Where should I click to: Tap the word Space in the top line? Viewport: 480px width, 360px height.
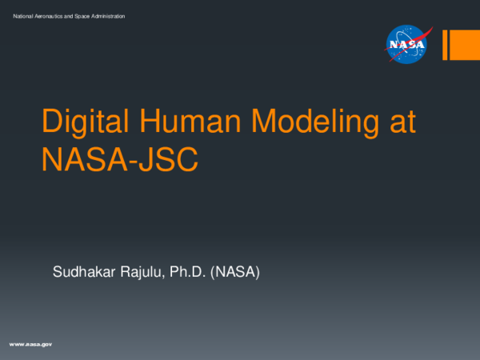point(90,17)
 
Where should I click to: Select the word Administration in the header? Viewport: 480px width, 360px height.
point(113,17)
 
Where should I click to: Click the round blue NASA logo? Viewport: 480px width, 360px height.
point(408,44)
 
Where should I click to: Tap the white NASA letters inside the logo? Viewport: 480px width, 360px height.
point(407,45)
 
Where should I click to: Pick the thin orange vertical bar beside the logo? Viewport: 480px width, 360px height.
point(446,45)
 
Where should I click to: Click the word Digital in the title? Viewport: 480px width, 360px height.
point(81,122)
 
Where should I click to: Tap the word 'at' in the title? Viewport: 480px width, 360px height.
point(402,122)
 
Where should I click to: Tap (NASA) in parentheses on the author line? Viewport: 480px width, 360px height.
point(242,273)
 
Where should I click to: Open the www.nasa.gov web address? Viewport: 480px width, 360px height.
point(30,343)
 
